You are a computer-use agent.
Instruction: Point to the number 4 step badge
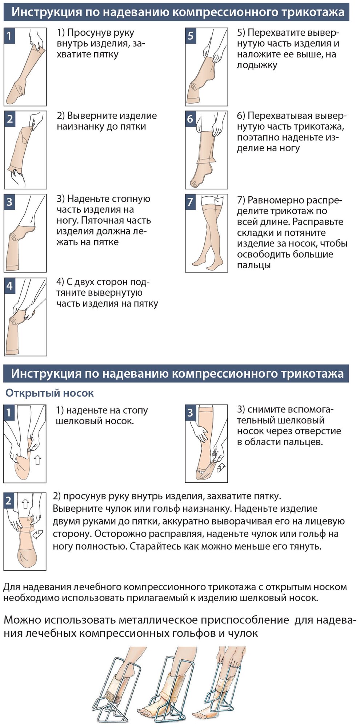coord(10,285)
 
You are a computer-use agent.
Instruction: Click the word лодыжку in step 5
coord(257,65)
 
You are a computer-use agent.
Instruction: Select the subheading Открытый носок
coord(49,393)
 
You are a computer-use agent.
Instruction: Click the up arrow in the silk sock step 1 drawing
coord(37,461)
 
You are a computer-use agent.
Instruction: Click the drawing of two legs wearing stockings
coord(206,233)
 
